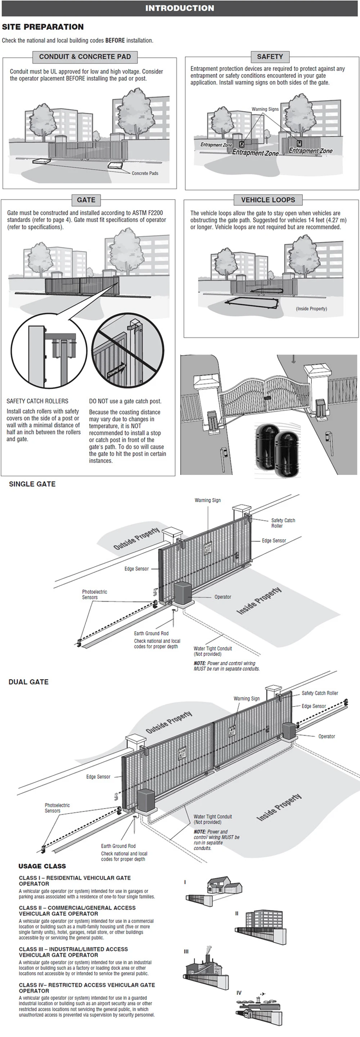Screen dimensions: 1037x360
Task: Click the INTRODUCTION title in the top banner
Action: coord(180,8)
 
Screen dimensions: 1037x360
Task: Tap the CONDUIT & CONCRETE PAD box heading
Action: coord(85,57)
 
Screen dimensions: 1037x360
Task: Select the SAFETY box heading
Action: coord(270,57)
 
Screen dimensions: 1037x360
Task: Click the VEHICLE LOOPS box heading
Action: coord(268,200)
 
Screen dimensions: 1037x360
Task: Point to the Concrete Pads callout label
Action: coord(145,173)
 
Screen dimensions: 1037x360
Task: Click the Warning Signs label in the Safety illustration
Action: coord(265,109)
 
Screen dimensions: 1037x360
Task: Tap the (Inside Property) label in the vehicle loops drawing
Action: coord(311,309)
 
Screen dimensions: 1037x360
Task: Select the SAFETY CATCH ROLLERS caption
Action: coord(37,401)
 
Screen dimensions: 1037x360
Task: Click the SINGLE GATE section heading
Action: coord(32,484)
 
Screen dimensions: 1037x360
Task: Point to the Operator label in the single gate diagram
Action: coord(223,597)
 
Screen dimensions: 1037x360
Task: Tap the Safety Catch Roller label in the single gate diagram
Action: coord(283,523)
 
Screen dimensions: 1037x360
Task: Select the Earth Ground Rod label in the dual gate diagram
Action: coord(118,846)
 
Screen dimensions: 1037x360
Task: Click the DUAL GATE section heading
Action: coord(28,681)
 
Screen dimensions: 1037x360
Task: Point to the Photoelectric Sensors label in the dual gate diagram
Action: coord(57,808)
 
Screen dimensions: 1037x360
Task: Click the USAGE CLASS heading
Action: coord(42,866)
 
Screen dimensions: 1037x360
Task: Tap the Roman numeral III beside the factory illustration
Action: coord(186,951)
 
